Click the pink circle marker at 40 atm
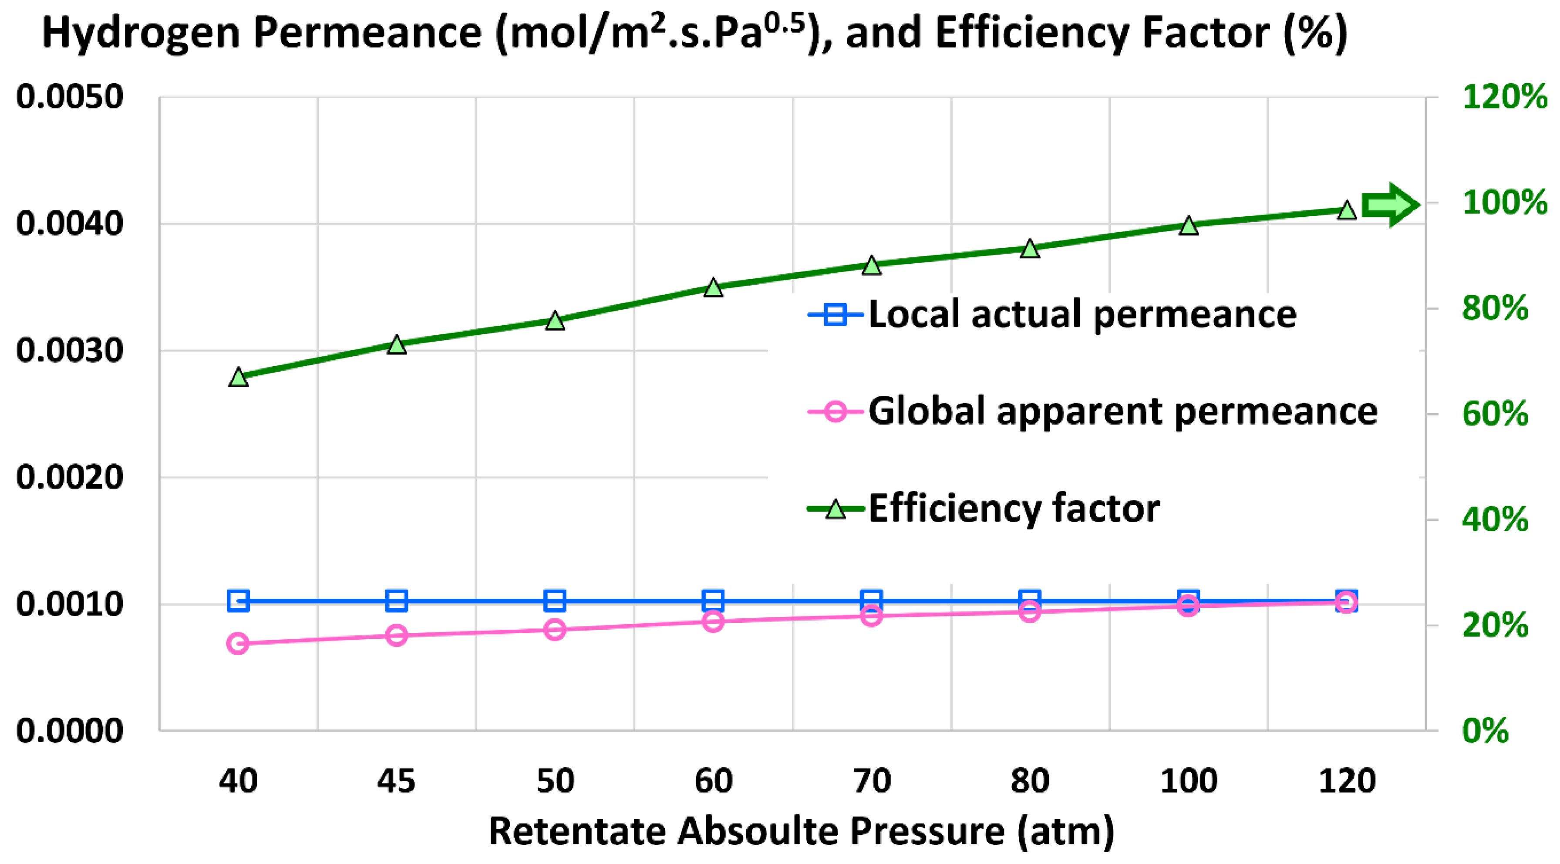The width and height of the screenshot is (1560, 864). [x=237, y=643]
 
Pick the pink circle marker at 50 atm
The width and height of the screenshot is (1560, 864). [x=555, y=630]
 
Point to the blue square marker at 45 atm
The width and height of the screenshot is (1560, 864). [x=397, y=601]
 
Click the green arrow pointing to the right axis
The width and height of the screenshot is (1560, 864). [x=1389, y=205]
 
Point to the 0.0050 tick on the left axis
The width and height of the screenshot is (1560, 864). [x=70, y=97]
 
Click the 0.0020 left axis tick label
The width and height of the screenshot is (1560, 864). [x=70, y=477]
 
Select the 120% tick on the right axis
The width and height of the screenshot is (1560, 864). [x=1504, y=97]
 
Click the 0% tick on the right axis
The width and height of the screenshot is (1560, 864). [x=1485, y=731]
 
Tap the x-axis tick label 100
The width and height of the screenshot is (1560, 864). [x=1188, y=781]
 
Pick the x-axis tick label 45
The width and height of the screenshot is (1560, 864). [x=396, y=781]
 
